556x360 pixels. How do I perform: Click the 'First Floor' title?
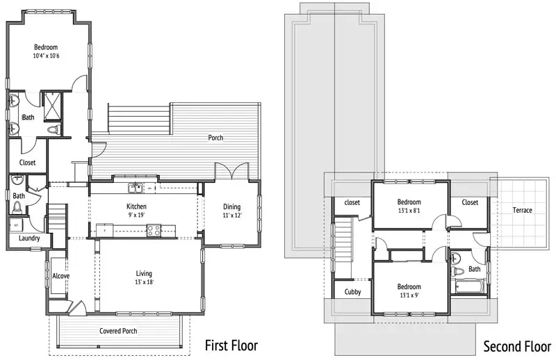click(231, 345)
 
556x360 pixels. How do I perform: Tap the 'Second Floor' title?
click(517, 346)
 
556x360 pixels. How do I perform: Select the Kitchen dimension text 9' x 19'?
click(136, 215)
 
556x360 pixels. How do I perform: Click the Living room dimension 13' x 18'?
click(144, 282)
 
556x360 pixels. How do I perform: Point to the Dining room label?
click(232, 207)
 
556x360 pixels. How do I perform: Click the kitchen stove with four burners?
click(154, 230)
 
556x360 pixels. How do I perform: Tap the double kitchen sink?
click(135, 188)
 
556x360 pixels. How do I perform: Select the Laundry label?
click(29, 238)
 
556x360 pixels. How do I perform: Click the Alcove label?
click(61, 276)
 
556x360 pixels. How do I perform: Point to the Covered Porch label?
click(118, 331)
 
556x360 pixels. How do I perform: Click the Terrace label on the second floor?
click(523, 210)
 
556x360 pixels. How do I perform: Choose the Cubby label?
click(353, 292)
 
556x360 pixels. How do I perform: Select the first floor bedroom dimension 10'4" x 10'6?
click(46, 56)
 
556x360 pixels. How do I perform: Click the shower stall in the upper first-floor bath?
click(53, 106)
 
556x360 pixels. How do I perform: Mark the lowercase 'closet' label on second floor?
click(352, 202)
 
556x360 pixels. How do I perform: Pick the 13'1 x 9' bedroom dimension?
click(409, 295)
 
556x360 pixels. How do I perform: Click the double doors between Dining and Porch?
click(232, 172)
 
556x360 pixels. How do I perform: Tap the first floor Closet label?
click(27, 163)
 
